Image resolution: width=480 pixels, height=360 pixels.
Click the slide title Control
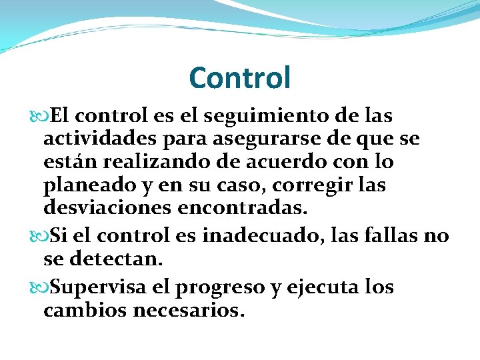click(x=240, y=77)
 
